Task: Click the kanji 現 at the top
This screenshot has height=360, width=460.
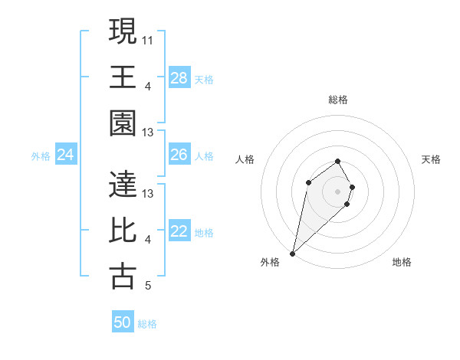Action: click(123, 32)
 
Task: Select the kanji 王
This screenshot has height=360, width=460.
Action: click(123, 78)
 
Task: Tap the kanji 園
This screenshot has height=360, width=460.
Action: click(123, 125)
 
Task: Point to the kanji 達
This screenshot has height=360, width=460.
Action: click(123, 185)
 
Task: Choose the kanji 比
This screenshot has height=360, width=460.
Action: click(123, 231)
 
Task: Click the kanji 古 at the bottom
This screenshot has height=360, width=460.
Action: click(123, 277)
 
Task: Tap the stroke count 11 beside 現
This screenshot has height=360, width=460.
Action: click(148, 39)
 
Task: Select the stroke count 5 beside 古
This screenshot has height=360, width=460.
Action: click(148, 286)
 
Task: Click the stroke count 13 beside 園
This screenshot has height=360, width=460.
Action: click(148, 133)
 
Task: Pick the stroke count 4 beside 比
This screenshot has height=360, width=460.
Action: click(148, 240)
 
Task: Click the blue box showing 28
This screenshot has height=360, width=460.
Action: click(179, 78)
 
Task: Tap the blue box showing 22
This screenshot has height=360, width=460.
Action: click(179, 232)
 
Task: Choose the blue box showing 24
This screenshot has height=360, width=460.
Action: click(66, 155)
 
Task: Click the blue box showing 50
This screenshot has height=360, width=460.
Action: click(123, 322)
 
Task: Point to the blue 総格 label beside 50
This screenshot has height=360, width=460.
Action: click(147, 324)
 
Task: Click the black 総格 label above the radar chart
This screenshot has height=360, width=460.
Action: click(338, 100)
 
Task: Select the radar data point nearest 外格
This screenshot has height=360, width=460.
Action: click(292, 253)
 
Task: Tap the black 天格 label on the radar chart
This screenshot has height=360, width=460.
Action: click(431, 159)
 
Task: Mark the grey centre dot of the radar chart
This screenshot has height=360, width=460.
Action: click(338, 190)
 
